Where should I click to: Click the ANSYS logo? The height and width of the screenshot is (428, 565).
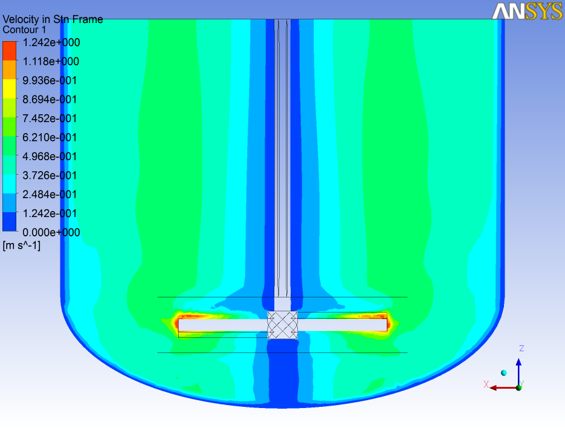[526, 11]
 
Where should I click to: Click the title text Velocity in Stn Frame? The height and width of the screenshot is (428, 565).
[53, 19]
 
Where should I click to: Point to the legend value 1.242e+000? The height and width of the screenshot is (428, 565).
[51, 42]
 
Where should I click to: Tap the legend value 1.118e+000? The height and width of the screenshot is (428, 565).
[51, 62]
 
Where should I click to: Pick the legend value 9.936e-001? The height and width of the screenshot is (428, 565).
[51, 80]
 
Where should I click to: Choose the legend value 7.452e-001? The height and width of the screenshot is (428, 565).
[51, 118]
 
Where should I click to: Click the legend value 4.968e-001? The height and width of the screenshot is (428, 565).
[51, 157]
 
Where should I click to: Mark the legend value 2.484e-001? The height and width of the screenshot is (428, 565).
[51, 195]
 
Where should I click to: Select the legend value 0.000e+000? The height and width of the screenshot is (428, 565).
[51, 233]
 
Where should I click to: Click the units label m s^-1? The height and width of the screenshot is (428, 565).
[22, 245]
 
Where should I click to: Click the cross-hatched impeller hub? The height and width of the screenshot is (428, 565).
[282, 325]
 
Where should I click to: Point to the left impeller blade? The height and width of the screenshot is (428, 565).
[222, 325]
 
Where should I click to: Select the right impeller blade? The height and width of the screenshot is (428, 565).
[342, 325]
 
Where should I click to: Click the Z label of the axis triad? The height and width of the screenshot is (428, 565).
[521, 349]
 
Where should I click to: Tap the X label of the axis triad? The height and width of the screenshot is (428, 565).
[486, 384]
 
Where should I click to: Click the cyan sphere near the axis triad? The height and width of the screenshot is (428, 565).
[503, 372]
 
